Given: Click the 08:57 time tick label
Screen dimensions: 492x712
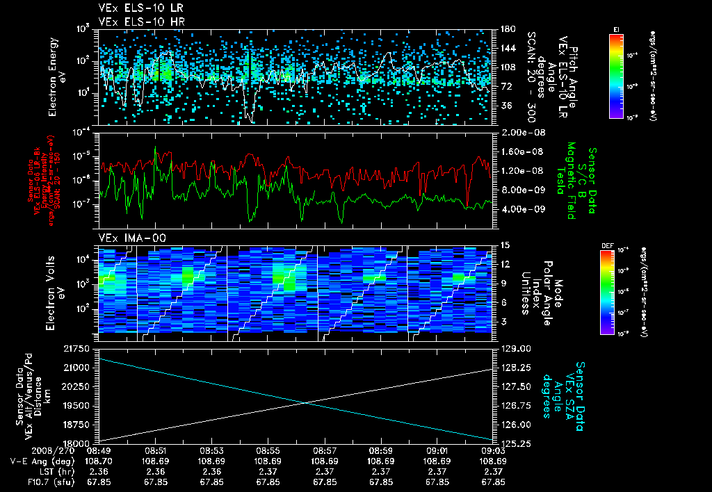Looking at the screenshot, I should coord(324,451).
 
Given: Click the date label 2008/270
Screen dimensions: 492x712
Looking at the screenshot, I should coord(33,451).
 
